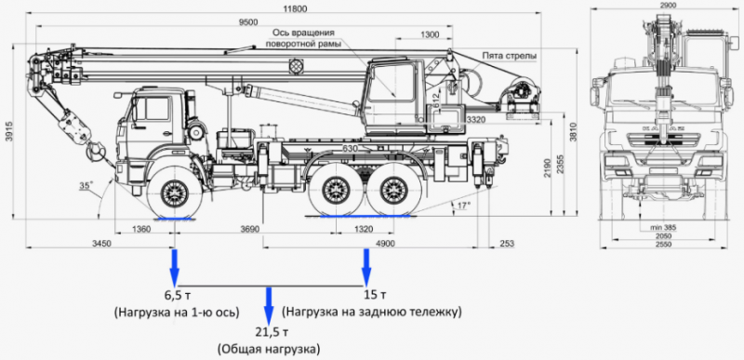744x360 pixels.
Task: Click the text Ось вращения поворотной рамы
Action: [301, 38]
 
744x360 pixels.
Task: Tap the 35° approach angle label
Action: [86, 187]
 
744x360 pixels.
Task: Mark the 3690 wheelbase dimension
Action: [248, 228]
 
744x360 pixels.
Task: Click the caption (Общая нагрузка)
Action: [269, 349]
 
